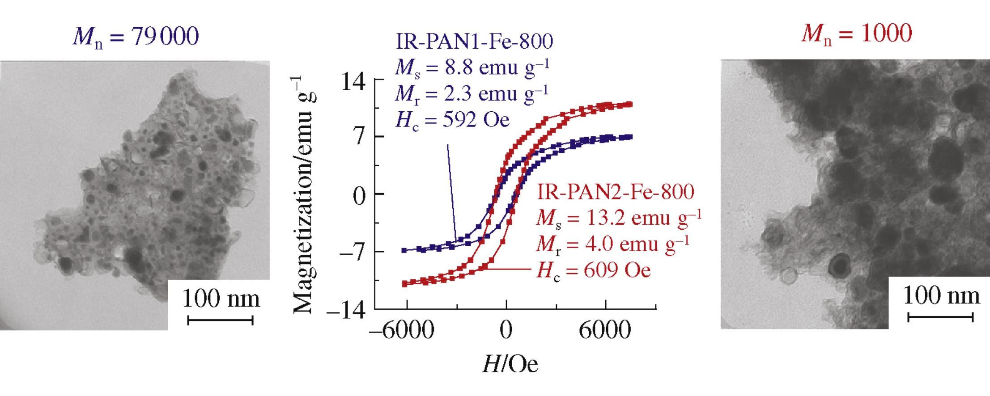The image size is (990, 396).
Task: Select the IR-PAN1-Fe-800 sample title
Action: point(474,42)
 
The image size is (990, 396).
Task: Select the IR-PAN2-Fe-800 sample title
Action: point(616,192)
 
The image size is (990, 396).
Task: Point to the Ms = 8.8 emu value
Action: point(472,68)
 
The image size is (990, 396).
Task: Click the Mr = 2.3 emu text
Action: point(472,94)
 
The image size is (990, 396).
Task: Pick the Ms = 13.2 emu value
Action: point(619,218)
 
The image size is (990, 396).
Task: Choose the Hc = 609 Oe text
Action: point(594,270)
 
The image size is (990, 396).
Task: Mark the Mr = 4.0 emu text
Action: point(612,244)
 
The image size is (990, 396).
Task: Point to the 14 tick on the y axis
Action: point(353,82)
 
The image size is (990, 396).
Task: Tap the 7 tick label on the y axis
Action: point(359,136)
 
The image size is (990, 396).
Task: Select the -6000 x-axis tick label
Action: point(401,331)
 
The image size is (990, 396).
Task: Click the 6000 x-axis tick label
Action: point(605,331)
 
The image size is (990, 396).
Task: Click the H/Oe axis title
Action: point(510,364)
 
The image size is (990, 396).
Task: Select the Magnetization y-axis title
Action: point(303,195)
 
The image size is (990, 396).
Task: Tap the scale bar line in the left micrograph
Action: point(220,320)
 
